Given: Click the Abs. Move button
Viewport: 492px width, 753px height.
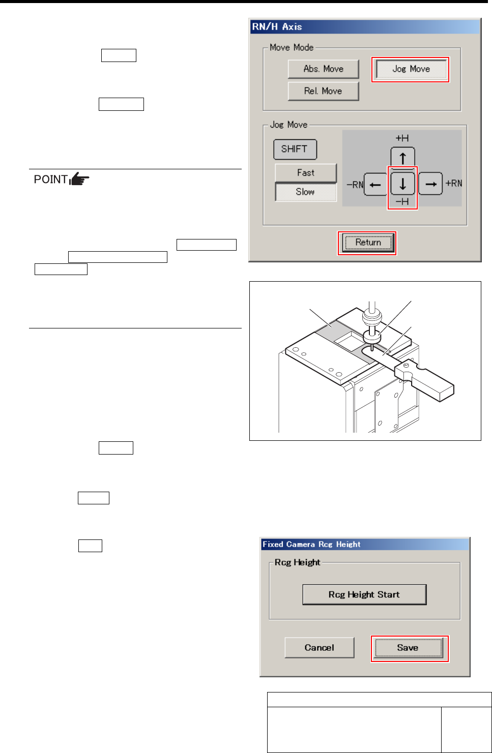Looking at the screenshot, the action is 323,69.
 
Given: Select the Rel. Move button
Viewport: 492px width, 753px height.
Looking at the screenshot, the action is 323,91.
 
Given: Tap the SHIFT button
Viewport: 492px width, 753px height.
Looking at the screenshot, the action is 295,149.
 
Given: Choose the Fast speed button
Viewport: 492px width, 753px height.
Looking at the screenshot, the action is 306,173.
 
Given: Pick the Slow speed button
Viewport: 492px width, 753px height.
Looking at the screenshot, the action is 306,192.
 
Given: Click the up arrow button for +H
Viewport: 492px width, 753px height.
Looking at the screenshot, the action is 402,157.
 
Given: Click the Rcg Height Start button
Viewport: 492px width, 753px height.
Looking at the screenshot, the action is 364,594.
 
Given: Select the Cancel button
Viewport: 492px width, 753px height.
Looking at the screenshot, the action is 320,648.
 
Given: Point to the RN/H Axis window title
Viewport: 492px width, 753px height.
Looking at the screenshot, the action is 277,27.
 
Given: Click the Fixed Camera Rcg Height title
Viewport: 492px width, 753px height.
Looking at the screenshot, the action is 311,545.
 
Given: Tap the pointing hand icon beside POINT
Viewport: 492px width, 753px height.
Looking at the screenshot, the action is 79,179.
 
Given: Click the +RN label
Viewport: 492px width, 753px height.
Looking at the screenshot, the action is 454,184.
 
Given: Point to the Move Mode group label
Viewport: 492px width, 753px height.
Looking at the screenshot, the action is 292,47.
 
